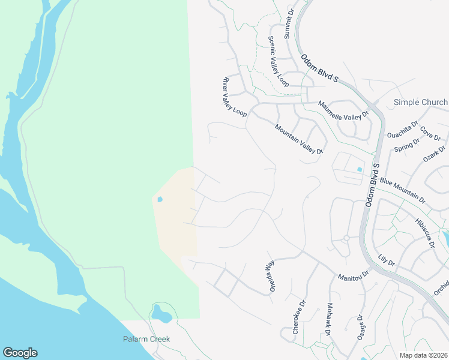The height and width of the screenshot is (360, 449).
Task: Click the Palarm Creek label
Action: (147, 339)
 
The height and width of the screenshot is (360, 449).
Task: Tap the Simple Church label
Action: (420, 102)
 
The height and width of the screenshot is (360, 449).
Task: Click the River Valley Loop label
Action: (235, 96)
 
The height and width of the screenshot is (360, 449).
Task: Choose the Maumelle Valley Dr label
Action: (343, 110)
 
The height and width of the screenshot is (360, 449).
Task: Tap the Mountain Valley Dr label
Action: (299, 139)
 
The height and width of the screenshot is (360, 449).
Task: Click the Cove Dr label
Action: (430, 132)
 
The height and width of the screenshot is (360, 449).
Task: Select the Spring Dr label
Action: (407, 145)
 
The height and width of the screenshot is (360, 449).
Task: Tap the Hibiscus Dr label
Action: (424, 230)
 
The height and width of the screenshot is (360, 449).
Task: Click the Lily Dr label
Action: (387, 260)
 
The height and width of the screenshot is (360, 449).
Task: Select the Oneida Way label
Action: (270, 273)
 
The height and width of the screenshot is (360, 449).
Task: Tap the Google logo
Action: (20, 353)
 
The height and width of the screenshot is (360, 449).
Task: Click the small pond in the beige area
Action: (159, 199)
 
